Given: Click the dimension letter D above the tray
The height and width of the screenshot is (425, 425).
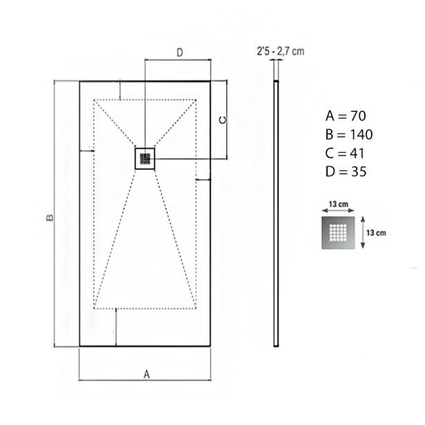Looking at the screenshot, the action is coord(180,53).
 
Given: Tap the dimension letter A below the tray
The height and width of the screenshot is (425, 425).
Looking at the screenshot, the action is coord(147,375).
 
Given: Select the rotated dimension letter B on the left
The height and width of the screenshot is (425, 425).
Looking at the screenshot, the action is coord(50,218).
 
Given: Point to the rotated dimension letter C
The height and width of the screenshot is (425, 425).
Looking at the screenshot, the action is coord(223,120).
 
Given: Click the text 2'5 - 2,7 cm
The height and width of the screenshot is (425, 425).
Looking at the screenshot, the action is coord(281,51).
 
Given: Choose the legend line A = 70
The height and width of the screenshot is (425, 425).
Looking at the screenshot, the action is coord(346,116).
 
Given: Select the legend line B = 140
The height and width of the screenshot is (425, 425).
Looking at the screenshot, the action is coord(349,135).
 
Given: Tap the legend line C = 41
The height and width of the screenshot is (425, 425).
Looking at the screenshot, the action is coord(345,153).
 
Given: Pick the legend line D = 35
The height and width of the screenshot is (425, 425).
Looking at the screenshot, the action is coord(346,171).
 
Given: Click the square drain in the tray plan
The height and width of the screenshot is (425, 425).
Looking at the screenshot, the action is coord(145,158).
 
